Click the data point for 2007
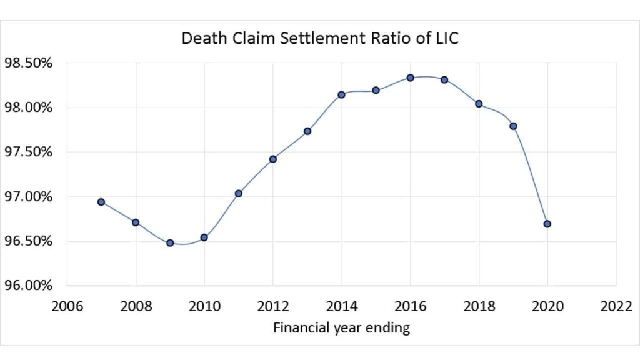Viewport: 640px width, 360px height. pos(101,202)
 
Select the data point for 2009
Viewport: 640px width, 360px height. pos(170,242)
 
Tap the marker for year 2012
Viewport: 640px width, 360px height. pos(273,159)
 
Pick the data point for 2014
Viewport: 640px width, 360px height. pos(342,94)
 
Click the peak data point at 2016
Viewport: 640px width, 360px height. pos(411,77)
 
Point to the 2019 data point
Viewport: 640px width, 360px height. pos(513,126)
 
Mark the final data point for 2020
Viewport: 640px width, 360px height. pos(547,224)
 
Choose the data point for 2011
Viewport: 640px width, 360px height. pos(239,194)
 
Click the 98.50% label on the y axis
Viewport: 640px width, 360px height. pos(27,63)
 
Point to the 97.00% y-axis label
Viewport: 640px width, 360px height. pos(27,197)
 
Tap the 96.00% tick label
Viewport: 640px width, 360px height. pos(27,286)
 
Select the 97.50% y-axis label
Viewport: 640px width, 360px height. pos(27,152)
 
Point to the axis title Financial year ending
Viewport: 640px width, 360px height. pos(341,327)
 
